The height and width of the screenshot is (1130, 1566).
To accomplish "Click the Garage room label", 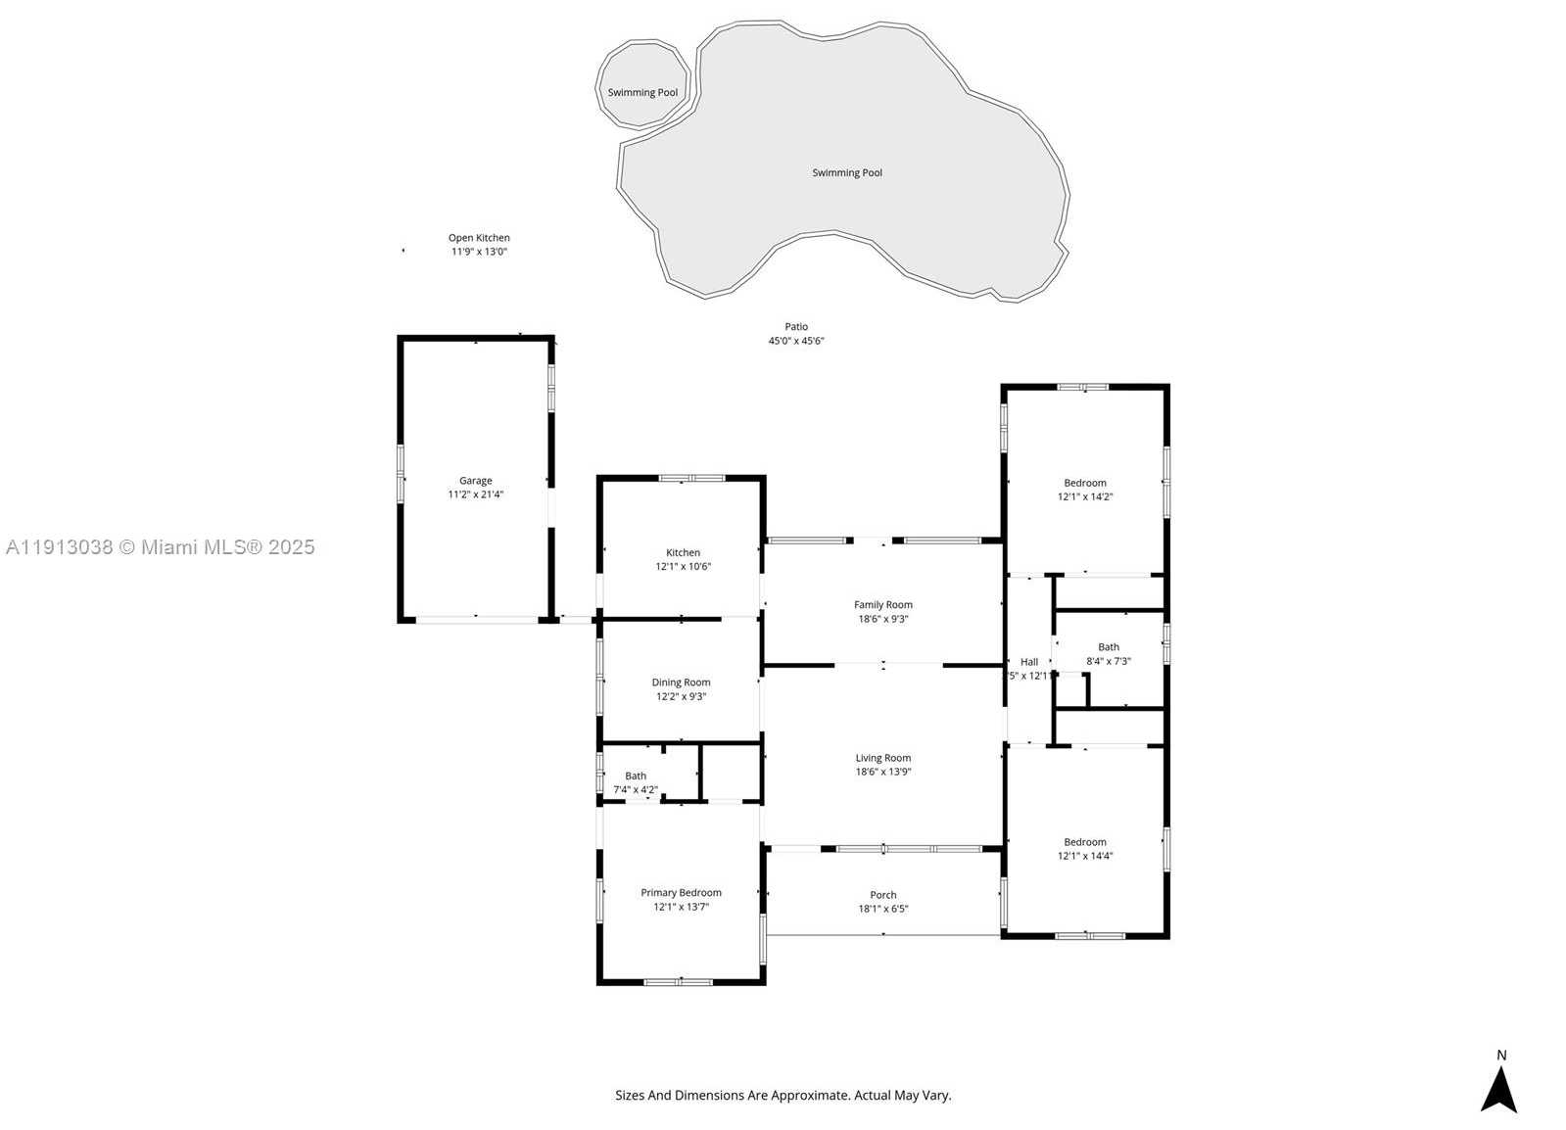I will click(x=476, y=481).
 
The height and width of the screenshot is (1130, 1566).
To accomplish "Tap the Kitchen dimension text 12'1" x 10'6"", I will click(x=683, y=567).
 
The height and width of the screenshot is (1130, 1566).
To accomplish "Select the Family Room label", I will click(x=882, y=605).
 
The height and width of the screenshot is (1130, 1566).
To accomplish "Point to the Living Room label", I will click(x=882, y=758).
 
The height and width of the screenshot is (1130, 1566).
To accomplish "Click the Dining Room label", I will click(x=681, y=683).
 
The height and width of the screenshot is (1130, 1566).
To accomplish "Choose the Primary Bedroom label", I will click(x=681, y=893).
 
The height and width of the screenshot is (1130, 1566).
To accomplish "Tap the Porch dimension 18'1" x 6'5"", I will click(x=882, y=909).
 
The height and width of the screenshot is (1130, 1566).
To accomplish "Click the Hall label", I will click(x=1028, y=662).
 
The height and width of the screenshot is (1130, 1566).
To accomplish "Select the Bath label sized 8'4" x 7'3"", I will click(x=1108, y=647).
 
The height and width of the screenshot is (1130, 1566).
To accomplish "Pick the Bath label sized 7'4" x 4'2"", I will click(x=635, y=777).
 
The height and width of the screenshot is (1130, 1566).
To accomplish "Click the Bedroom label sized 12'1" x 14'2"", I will click(x=1084, y=483).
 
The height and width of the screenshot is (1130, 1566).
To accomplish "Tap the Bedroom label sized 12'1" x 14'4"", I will click(x=1084, y=842).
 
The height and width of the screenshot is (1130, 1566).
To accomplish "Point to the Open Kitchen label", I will click(x=479, y=238).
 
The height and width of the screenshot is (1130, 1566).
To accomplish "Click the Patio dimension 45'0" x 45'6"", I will click(x=795, y=342).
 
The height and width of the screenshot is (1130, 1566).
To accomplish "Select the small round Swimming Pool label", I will click(x=642, y=93).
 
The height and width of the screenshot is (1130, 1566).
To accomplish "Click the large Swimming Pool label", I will click(x=846, y=173).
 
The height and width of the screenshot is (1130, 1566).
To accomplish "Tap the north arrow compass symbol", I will click(x=1497, y=1090).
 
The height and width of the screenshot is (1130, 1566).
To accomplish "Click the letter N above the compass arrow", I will click(x=1500, y=1056).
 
